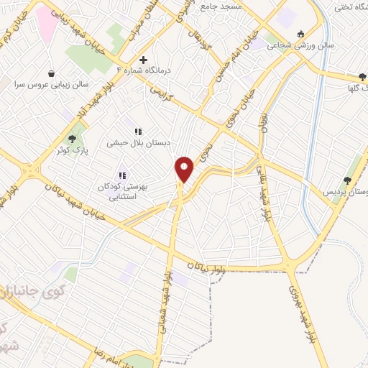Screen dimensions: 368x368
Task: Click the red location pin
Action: pyautogui.click(x=185, y=169)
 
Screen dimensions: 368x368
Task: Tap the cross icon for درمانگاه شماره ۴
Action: pyautogui.click(x=143, y=60)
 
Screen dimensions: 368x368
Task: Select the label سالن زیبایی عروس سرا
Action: pyautogui.click(x=51, y=84)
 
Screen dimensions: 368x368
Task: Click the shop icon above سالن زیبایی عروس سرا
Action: pyautogui.click(x=51, y=73)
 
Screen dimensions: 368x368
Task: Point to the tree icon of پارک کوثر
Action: pyautogui.click(x=71, y=138)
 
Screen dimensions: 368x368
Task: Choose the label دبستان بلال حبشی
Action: pyautogui.click(x=139, y=143)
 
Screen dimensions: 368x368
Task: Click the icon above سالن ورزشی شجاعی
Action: pyautogui.click(x=300, y=33)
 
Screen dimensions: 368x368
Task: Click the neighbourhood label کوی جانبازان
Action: pyautogui.click(x=29, y=293)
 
